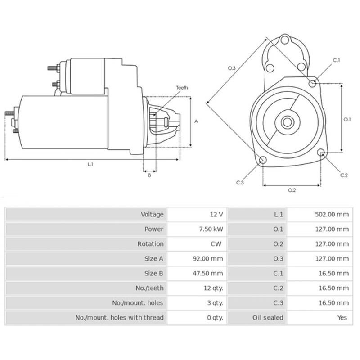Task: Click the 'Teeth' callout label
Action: tap(182, 88)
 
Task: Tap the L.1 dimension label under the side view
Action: tap(90, 165)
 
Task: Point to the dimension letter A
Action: tap(196, 121)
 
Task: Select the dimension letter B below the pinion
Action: tap(149, 175)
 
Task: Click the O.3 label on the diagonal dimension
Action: tap(231, 68)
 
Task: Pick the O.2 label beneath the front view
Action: tap(292, 190)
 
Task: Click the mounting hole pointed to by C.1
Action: tap(313, 83)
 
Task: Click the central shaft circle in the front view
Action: tap(287, 121)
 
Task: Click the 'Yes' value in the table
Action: tap(342, 317)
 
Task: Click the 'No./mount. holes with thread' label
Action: tap(119, 317)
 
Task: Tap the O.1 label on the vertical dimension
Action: tap(347, 119)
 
